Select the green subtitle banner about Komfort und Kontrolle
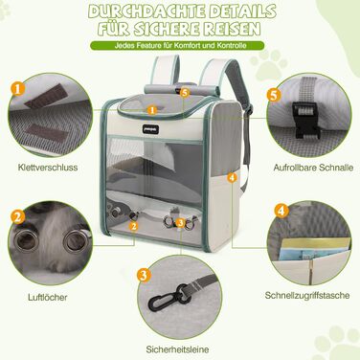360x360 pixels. point(179,47)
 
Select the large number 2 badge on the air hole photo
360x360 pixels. point(17,216)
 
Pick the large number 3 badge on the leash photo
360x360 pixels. point(143,275)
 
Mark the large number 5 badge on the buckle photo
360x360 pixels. point(273,96)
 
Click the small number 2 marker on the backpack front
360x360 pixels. point(135,226)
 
